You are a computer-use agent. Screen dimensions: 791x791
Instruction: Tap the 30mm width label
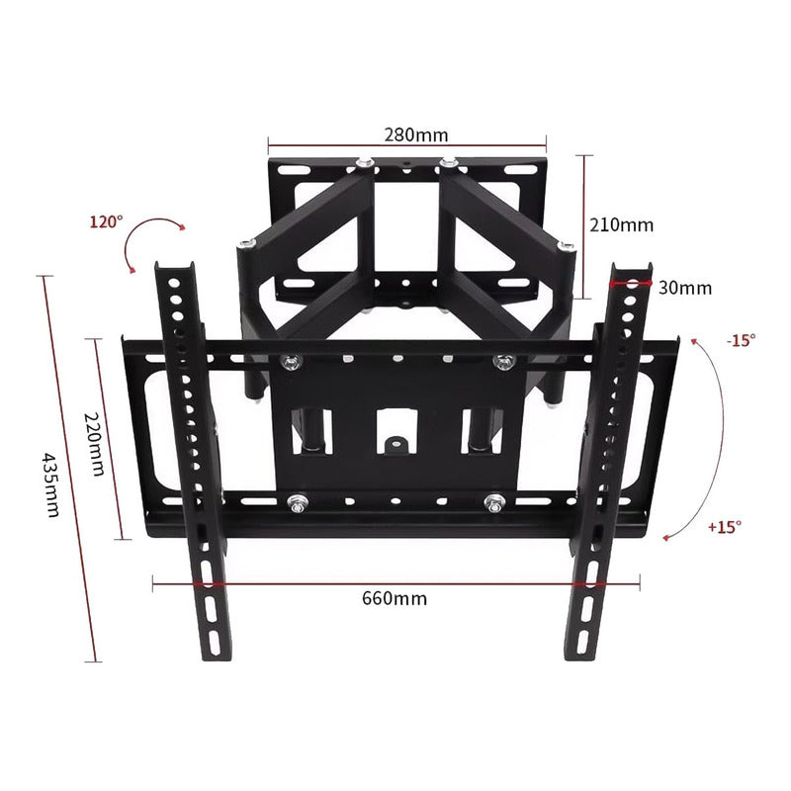684,288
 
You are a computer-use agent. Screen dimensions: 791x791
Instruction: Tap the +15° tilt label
724,527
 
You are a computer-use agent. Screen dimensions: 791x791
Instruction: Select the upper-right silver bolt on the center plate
504,362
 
